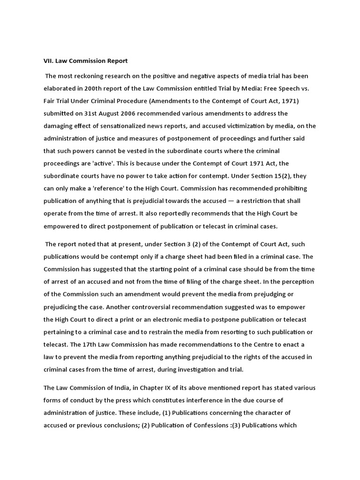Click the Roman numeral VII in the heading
pos(48,61)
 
